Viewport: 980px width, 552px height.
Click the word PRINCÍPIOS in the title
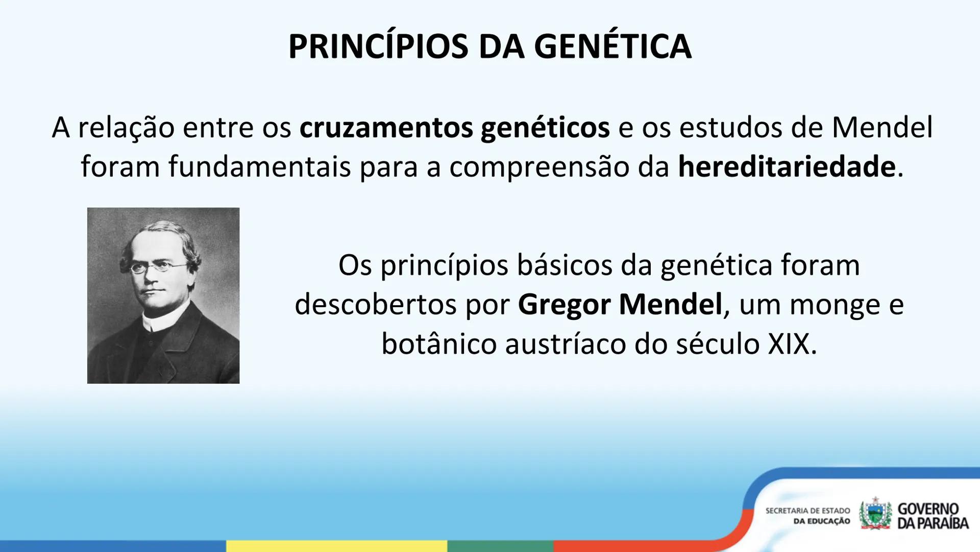(x=378, y=47)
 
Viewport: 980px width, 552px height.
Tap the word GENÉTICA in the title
(x=612, y=47)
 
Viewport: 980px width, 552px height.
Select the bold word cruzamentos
(x=386, y=127)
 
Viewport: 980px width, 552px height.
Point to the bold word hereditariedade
(x=787, y=167)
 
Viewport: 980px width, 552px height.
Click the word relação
(x=126, y=127)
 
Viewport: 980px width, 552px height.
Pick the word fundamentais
(x=259, y=167)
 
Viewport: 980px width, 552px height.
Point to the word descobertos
(x=375, y=305)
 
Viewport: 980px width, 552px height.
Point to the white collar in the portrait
(x=158, y=321)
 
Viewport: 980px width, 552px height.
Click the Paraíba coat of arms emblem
(x=875, y=514)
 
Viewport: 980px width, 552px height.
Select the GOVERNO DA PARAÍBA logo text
(x=933, y=516)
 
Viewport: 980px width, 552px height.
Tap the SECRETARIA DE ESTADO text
(x=807, y=511)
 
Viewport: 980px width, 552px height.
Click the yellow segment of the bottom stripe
(x=337, y=546)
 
